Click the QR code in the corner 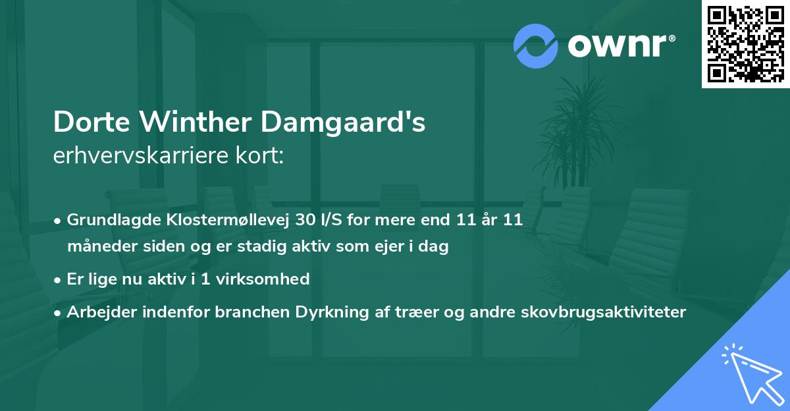745,43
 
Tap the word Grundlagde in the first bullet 107,220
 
